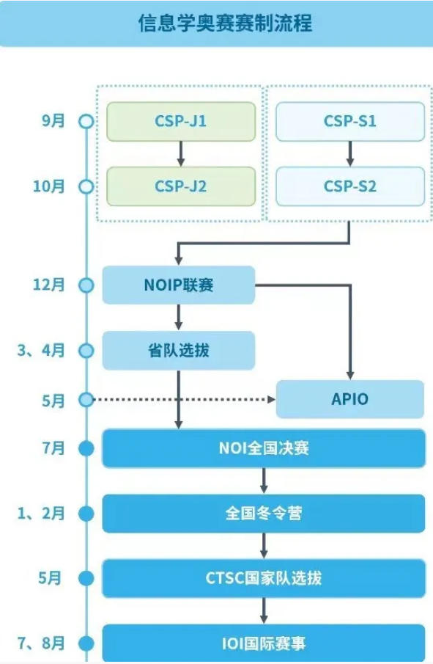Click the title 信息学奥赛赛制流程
(x=225, y=23)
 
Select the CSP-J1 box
(x=181, y=121)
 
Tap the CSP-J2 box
(x=181, y=186)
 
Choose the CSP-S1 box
(x=350, y=121)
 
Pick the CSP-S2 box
(x=350, y=186)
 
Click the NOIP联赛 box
(x=179, y=285)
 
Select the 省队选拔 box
(x=179, y=350)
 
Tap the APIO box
(x=350, y=400)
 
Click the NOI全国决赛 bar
(x=264, y=448)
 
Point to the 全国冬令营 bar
(x=264, y=514)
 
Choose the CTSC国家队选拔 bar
(x=264, y=578)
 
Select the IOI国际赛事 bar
(x=264, y=643)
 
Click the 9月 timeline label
(x=53, y=120)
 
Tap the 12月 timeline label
(x=50, y=285)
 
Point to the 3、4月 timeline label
(x=41, y=350)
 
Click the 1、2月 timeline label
(x=41, y=514)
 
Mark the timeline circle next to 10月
(x=86, y=186)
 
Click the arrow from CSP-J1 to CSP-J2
(x=181, y=153)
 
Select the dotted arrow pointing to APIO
(x=183, y=400)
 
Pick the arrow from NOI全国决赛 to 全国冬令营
(x=264, y=481)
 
